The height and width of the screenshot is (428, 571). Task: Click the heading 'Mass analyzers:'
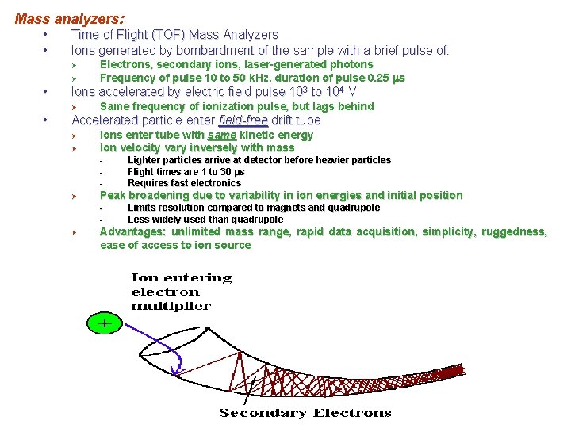coord(69,17)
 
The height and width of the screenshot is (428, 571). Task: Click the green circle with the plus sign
coord(103,323)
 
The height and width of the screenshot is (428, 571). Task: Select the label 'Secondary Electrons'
coord(305,412)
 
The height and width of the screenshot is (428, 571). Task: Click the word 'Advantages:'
coord(132,231)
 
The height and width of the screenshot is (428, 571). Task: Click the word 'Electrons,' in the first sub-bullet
coord(126,64)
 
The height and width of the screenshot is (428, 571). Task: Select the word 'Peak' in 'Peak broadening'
coord(113,195)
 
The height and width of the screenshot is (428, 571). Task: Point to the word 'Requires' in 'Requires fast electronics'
coord(148,183)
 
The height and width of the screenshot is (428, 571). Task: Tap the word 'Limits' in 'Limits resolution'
coord(143,208)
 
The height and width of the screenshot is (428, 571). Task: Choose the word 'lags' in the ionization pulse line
coord(312,106)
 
